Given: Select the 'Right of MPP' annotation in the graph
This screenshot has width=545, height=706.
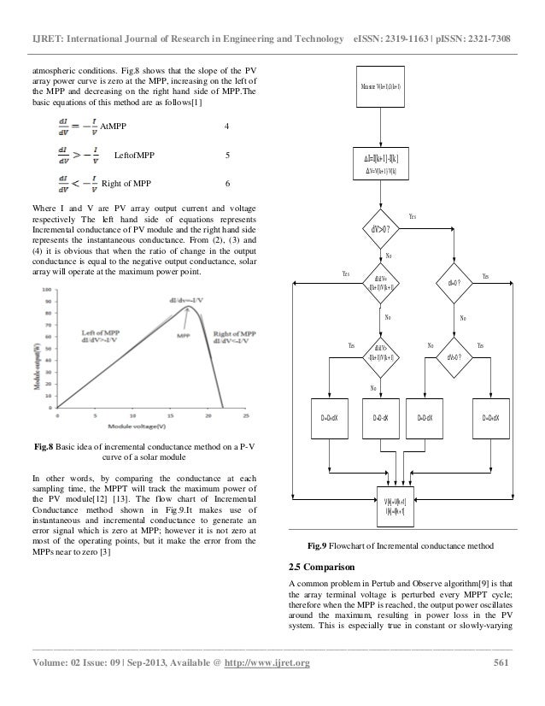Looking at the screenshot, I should [231, 336].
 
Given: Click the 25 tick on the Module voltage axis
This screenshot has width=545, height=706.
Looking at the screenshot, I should [245, 417].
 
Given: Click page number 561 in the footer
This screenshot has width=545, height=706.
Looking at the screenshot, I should [505, 666].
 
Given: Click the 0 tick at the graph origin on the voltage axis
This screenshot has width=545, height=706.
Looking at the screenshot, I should [57, 417].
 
